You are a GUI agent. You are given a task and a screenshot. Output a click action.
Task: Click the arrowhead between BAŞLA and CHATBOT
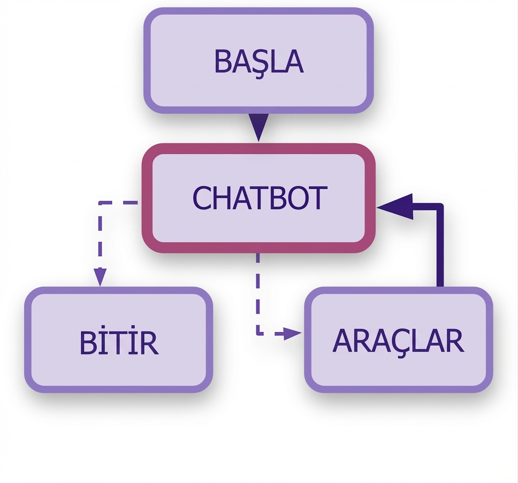pos(259,127)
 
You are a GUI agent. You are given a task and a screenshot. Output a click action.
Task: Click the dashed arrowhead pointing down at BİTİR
pos(100,278)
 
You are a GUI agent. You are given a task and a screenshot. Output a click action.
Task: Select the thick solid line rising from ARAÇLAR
pos(440,248)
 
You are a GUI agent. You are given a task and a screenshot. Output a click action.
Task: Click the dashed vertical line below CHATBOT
pos(258,292)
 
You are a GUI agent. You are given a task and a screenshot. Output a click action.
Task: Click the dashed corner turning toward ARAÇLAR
pos(258,334)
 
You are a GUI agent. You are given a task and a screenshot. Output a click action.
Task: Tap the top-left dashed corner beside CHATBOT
pos(100,202)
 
